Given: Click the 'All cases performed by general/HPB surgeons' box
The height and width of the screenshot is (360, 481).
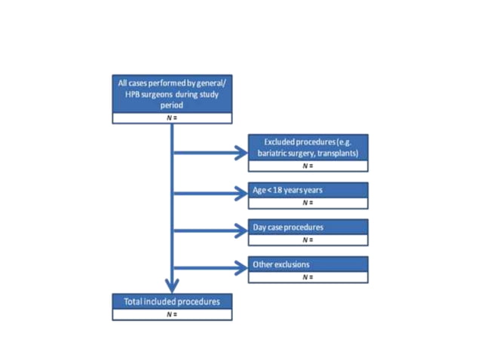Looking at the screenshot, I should [x=172, y=93].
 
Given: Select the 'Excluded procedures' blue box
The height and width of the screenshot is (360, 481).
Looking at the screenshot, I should [x=308, y=148].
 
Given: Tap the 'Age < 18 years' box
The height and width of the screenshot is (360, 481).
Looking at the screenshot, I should [x=308, y=190].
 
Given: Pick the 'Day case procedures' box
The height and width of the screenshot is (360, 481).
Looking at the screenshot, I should [x=308, y=227].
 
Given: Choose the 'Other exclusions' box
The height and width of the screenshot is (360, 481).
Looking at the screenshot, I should [x=308, y=264].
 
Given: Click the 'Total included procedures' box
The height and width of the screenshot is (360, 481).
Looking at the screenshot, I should [x=172, y=301].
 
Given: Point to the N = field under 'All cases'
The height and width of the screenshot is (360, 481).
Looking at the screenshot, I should [x=172, y=117].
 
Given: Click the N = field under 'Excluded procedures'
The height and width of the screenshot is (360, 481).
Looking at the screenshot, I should [x=308, y=166].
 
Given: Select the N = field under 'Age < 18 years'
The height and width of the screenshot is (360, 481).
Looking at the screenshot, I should [x=308, y=203].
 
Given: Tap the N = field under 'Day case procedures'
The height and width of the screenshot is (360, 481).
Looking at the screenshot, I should [x=308, y=239].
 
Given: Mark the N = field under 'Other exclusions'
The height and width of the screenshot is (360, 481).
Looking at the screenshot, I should [x=308, y=277].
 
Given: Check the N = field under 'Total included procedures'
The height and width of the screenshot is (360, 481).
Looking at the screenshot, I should [x=172, y=314].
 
